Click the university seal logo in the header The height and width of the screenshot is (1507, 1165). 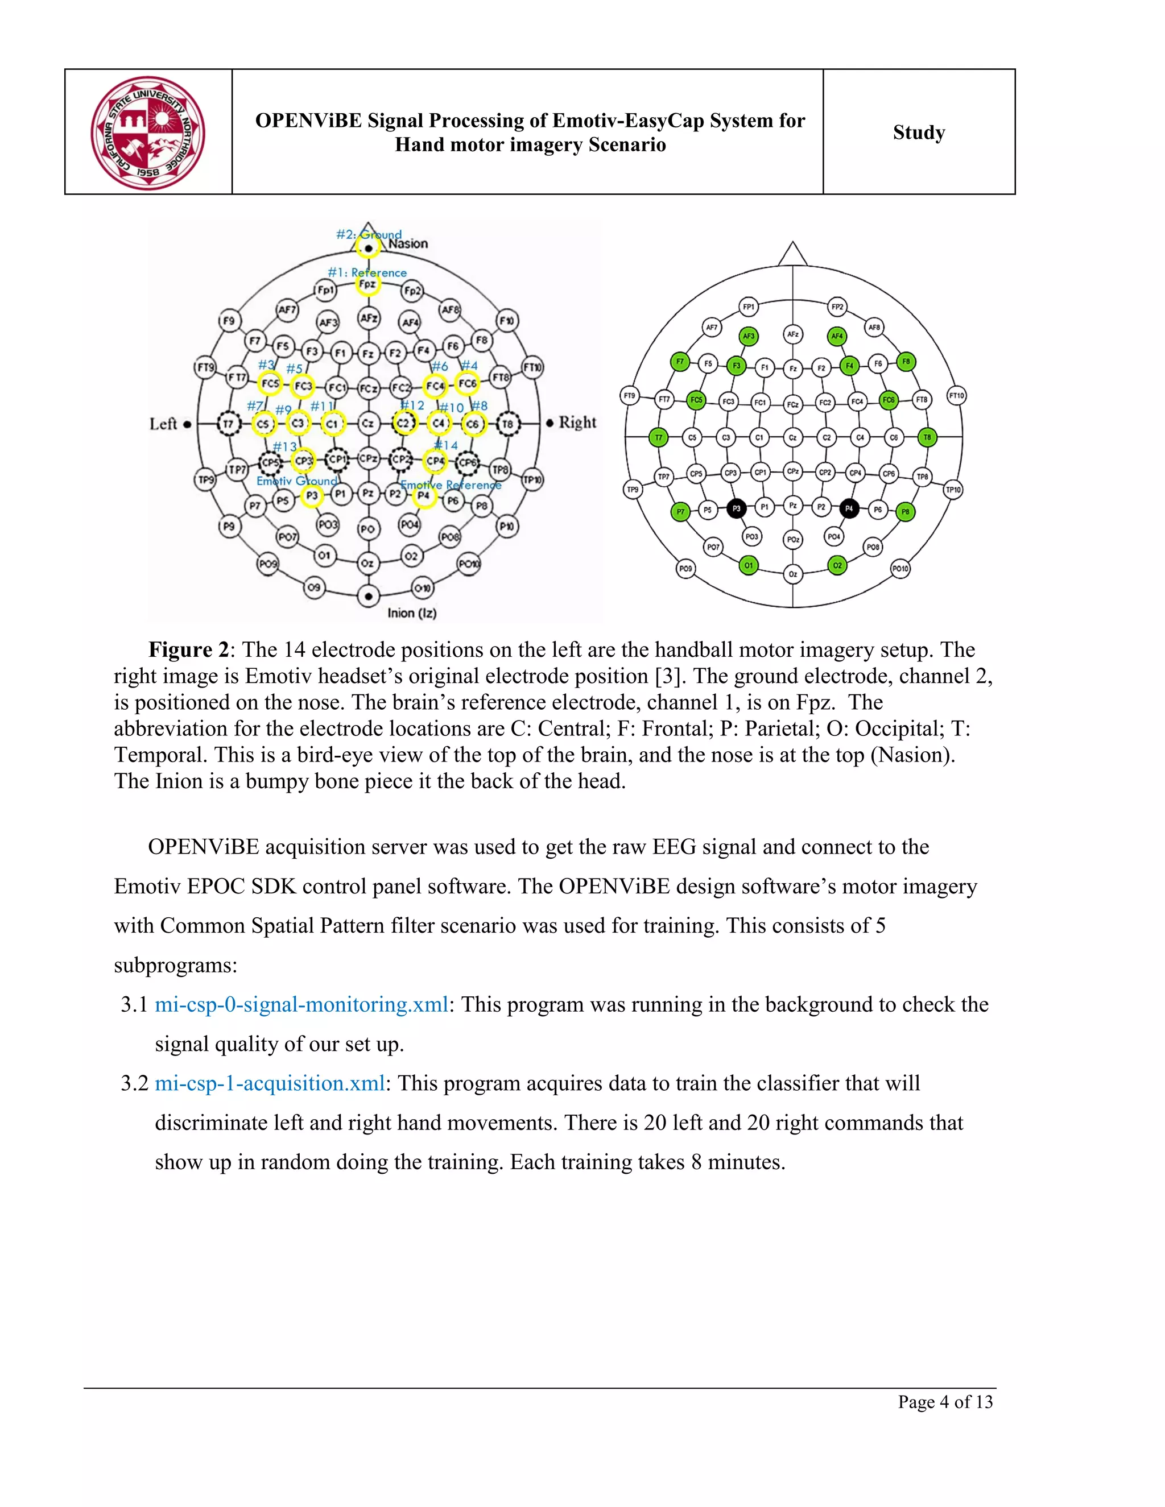tap(148, 133)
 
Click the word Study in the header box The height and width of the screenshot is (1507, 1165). tap(919, 132)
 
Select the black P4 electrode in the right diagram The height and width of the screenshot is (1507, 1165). tap(849, 508)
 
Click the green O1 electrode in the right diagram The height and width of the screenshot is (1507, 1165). tap(748, 566)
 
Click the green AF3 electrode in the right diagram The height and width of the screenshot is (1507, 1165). tap(748, 337)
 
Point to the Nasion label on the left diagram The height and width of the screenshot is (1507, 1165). tap(408, 243)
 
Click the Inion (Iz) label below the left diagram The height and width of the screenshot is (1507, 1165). tap(411, 612)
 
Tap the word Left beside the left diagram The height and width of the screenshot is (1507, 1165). tap(164, 424)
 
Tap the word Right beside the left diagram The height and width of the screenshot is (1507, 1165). tap(577, 423)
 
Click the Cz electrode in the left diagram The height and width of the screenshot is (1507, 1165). tap(368, 424)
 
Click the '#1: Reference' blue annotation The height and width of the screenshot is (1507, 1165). tap(367, 272)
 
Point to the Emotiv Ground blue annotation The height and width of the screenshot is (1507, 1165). tap(297, 481)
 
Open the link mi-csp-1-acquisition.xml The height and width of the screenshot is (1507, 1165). tap(270, 1083)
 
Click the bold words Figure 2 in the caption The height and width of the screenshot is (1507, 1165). tap(188, 650)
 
